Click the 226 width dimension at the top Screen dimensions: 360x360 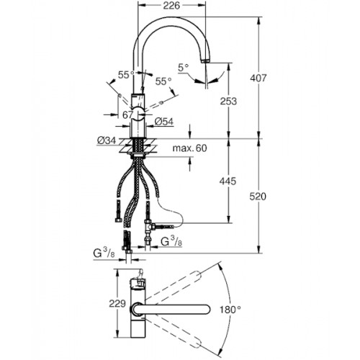coord(171,6)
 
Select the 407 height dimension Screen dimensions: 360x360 coord(258,78)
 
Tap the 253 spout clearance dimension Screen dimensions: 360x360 coord(228,101)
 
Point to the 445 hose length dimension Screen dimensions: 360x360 coord(228,181)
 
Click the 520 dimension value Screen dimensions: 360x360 coord(258,197)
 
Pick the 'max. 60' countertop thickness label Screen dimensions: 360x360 coord(189,148)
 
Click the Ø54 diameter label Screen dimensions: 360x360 coord(164,122)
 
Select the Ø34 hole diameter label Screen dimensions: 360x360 coord(107,140)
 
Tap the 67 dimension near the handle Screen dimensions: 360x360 coord(127,114)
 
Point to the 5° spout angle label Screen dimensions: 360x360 coord(184,68)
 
